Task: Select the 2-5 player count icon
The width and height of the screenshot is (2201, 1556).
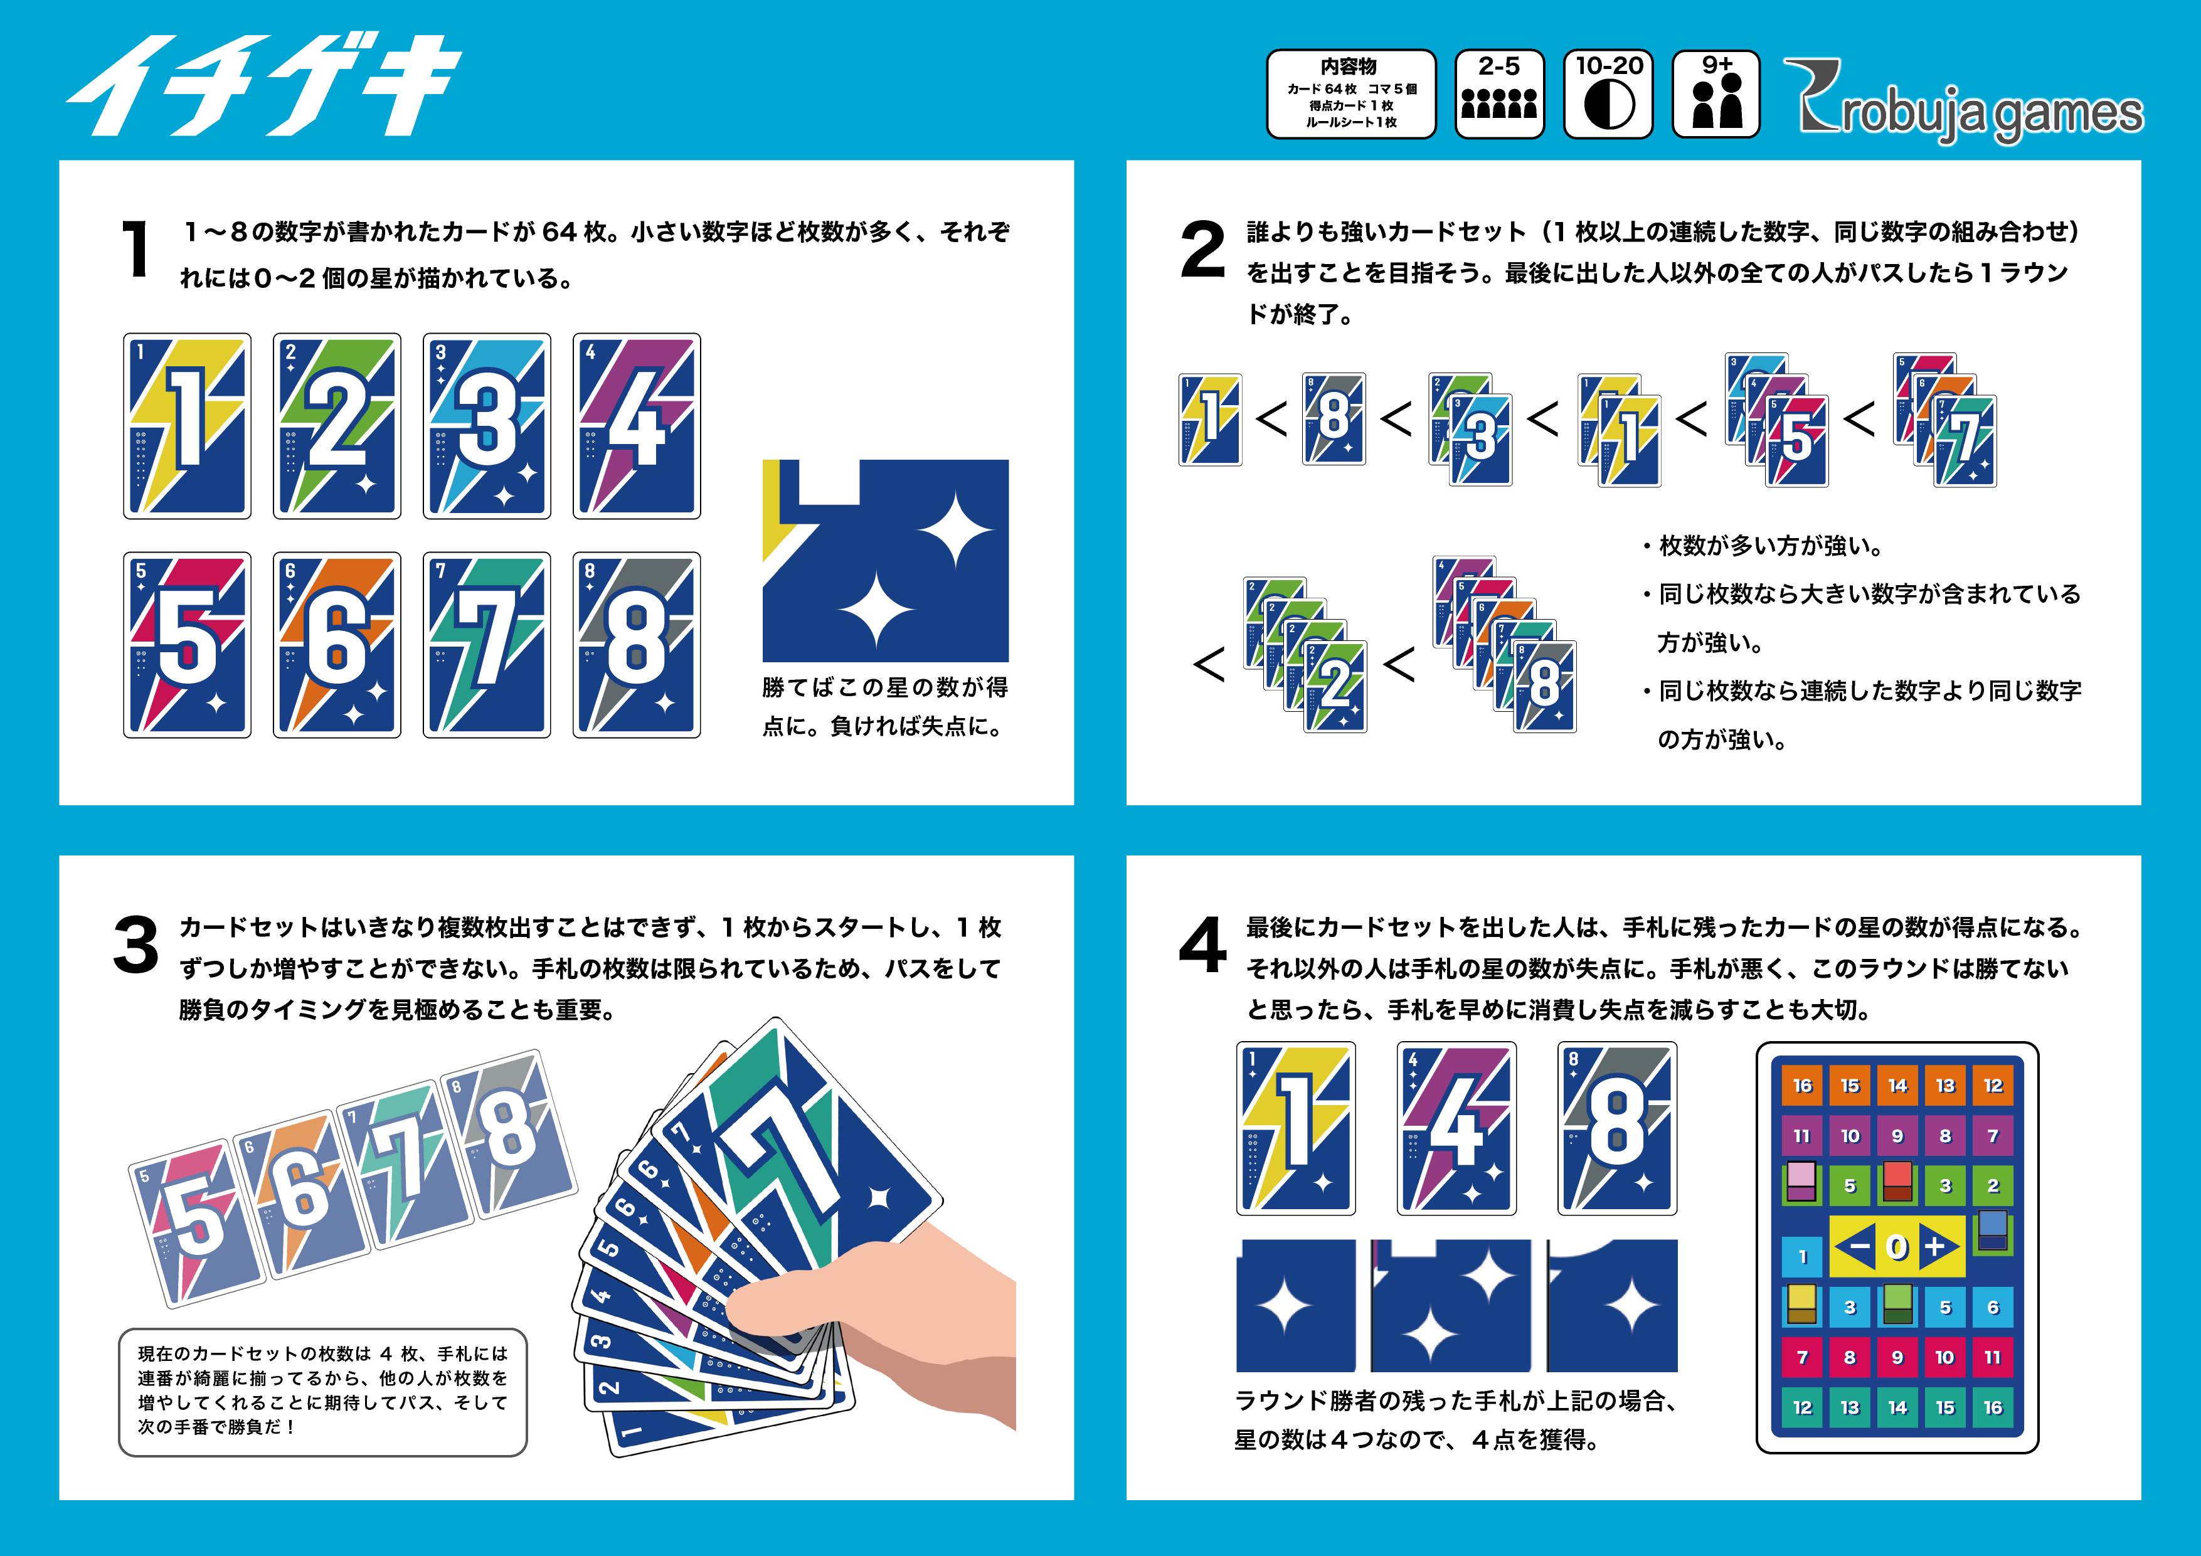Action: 1499,94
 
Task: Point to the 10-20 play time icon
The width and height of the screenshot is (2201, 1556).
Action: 1609,94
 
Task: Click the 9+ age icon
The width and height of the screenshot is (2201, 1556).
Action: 1716,94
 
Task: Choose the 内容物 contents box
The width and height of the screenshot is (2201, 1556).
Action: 1350,94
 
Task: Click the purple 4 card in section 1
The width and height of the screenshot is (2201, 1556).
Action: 637,426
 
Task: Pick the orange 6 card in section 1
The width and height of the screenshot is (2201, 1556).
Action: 336,644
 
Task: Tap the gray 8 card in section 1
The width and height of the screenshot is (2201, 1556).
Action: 637,644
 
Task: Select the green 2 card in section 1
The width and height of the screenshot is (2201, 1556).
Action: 336,426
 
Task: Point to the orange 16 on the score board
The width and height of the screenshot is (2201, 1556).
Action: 1802,1085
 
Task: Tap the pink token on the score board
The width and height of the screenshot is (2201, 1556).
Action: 1802,1181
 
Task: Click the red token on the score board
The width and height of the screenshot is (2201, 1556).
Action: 1897,1181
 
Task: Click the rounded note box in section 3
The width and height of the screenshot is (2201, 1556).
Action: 323,1392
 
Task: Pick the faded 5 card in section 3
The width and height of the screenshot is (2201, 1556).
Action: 196,1222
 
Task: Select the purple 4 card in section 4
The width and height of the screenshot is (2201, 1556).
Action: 1456,1128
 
